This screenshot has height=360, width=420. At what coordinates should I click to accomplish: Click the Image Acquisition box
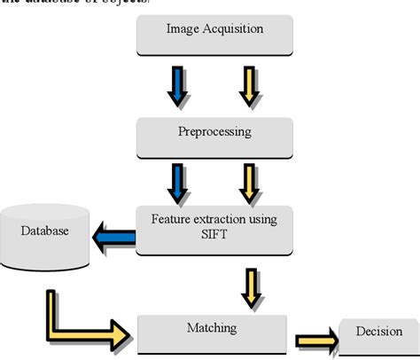click(x=214, y=33)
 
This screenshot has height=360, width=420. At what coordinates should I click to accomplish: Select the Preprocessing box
click(x=214, y=133)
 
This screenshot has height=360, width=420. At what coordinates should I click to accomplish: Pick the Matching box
click(x=213, y=330)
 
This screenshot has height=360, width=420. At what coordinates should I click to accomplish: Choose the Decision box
click(x=378, y=335)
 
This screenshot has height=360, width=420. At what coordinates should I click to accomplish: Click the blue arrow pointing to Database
click(x=113, y=237)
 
